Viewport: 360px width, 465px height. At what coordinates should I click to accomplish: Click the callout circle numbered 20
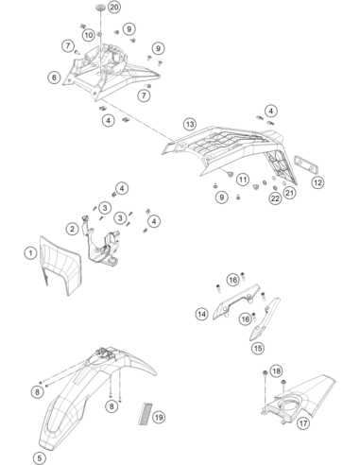click(x=114, y=7)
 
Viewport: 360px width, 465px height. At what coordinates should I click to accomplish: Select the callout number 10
click(x=89, y=35)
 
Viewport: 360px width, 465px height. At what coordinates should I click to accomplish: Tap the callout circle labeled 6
click(x=54, y=77)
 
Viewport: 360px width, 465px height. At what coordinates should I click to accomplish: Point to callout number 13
click(x=190, y=124)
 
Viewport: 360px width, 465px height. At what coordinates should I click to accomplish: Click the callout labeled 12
click(x=317, y=182)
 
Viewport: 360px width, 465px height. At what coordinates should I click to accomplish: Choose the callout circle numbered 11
click(x=243, y=180)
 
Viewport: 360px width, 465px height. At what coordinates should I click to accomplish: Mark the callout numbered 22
click(x=275, y=198)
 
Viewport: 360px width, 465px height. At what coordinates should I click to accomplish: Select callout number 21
click(x=289, y=192)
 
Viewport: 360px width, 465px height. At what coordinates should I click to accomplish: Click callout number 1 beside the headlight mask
click(x=30, y=253)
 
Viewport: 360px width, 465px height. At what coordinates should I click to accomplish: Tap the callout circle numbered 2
click(x=73, y=229)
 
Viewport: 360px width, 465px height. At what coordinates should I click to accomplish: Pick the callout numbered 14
click(x=202, y=314)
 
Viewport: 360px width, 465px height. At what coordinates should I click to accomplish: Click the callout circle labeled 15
click(x=258, y=348)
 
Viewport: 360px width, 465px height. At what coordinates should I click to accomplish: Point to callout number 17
click(x=303, y=422)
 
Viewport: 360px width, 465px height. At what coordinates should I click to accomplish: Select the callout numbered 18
click(x=276, y=370)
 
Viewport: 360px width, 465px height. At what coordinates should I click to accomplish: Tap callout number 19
click(x=159, y=418)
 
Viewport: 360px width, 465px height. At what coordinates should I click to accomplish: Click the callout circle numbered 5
click(x=39, y=458)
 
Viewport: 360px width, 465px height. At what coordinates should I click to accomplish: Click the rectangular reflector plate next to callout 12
click(x=306, y=164)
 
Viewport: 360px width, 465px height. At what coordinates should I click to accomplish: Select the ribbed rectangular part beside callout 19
click(x=145, y=413)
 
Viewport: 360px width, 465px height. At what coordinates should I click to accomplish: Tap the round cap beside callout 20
click(x=101, y=7)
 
